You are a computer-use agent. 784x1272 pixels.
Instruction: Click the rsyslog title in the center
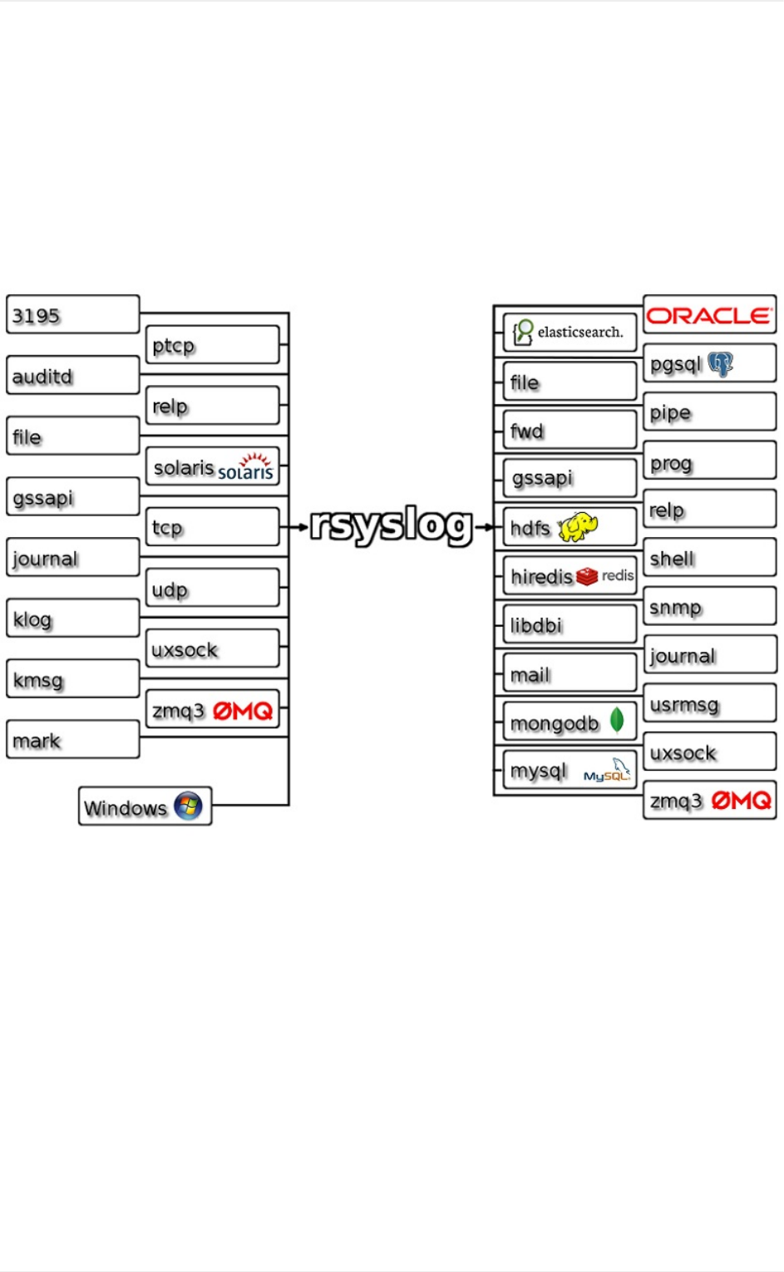point(392,525)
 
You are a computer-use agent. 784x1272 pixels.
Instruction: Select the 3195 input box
point(72,315)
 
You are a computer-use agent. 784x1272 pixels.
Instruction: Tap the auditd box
point(72,376)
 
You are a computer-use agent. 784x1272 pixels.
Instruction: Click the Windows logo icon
point(189,806)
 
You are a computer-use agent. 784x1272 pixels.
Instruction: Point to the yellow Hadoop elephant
point(579,527)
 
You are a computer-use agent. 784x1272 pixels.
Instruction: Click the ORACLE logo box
point(709,315)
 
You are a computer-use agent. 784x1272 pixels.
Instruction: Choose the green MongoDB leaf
point(617,720)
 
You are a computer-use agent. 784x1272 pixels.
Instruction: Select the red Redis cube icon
point(587,576)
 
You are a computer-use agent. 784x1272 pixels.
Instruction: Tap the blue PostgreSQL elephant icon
point(720,363)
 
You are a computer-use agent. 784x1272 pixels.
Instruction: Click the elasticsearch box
point(570,333)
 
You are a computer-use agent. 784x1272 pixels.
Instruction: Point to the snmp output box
point(709,607)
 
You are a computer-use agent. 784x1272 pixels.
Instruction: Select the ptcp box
point(212,345)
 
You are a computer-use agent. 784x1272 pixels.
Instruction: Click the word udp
point(170,589)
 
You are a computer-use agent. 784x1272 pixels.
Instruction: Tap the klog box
point(72,619)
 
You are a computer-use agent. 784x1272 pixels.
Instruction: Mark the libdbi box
point(570,625)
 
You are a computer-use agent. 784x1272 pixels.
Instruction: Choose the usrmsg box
point(709,704)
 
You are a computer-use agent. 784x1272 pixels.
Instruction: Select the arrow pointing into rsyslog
point(298,526)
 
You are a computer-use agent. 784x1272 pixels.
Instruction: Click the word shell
point(672,559)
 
